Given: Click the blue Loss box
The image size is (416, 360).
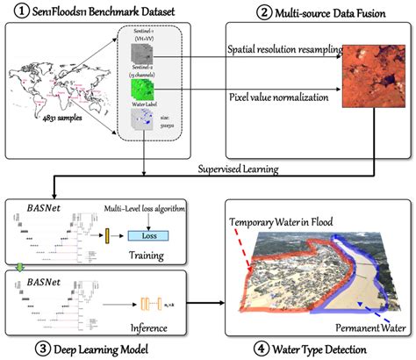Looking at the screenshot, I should coord(151,234).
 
